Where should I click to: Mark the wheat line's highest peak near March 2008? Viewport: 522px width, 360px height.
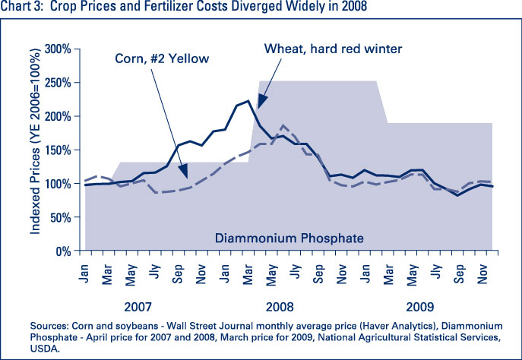pyautogui.click(x=248, y=100)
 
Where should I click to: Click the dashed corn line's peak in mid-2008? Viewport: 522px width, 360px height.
pyautogui.click(x=283, y=125)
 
